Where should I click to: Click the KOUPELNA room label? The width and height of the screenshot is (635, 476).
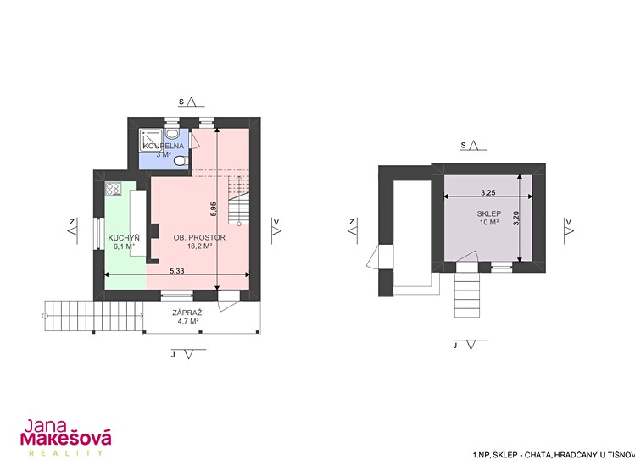pyautogui.click(x=164, y=146)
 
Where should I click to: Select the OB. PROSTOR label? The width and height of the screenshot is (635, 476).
pyautogui.click(x=199, y=237)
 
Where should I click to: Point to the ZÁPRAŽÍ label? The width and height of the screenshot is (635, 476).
pyautogui.click(x=188, y=313)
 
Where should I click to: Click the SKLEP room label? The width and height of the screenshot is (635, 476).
pyautogui.click(x=489, y=213)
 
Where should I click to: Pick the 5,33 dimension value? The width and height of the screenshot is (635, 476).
pyautogui.click(x=177, y=271)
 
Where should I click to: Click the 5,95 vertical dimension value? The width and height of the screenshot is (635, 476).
pyautogui.click(x=214, y=209)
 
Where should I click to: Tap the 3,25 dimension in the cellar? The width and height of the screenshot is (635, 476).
pyautogui.click(x=488, y=192)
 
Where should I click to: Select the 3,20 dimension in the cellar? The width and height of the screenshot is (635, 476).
pyautogui.click(x=515, y=218)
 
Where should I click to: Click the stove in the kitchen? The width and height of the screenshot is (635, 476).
pyautogui.click(x=113, y=189)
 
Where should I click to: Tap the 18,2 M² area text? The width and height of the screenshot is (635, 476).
pyautogui.click(x=200, y=246)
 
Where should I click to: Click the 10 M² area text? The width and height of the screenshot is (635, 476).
pyautogui.click(x=489, y=223)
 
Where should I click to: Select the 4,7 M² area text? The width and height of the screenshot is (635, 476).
pyautogui.click(x=188, y=322)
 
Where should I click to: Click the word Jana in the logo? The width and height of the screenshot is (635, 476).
pyautogui.click(x=45, y=426)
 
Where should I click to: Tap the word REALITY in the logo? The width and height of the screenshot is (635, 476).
pyautogui.click(x=65, y=453)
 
